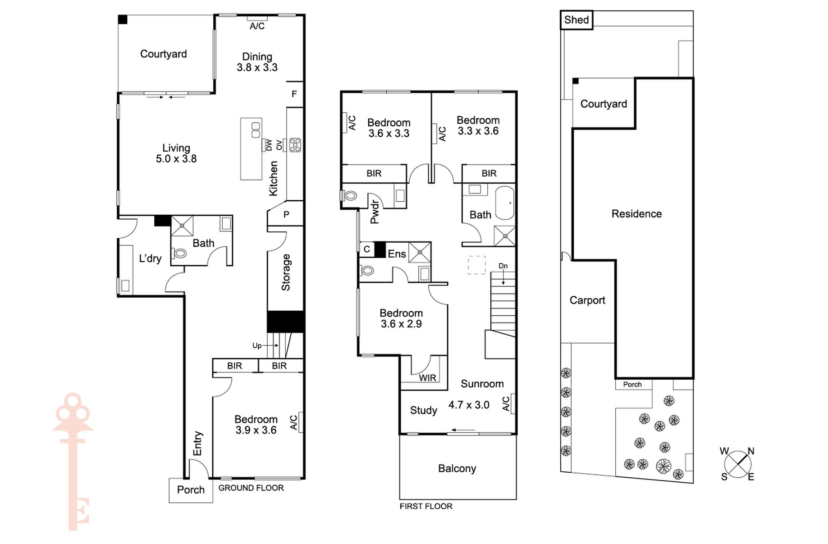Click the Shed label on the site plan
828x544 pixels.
point(576,20)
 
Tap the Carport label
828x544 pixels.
point(587,300)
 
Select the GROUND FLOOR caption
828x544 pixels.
point(251,488)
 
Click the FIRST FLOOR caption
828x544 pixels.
point(426,507)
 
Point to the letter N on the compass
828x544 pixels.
point(751,451)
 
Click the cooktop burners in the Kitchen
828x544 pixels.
point(295,145)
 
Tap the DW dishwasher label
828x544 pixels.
point(269,145)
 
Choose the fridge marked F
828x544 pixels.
point(294,94)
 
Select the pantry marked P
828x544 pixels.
point(286,215)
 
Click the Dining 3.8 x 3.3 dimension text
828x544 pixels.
point(257,68)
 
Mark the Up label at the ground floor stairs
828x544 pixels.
point(257,346)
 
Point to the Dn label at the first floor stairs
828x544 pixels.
point(503,266)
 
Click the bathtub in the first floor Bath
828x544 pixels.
point(505,203)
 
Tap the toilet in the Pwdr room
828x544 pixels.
point(349,196)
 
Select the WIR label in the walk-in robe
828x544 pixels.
point(427,378)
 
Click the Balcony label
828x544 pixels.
point(457,469)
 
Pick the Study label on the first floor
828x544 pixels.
point(424,410)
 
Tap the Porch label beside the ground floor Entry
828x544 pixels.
point(191,490)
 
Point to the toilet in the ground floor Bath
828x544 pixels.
point(180,254)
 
